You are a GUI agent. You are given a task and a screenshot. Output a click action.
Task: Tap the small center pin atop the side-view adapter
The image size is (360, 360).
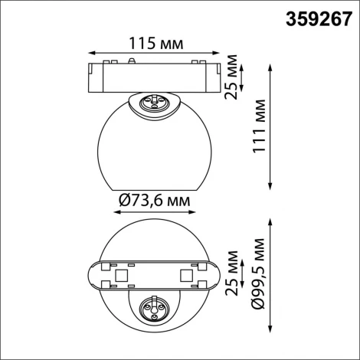point(134,60)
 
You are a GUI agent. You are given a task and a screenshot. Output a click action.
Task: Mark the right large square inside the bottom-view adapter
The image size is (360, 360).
point(186,273)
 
